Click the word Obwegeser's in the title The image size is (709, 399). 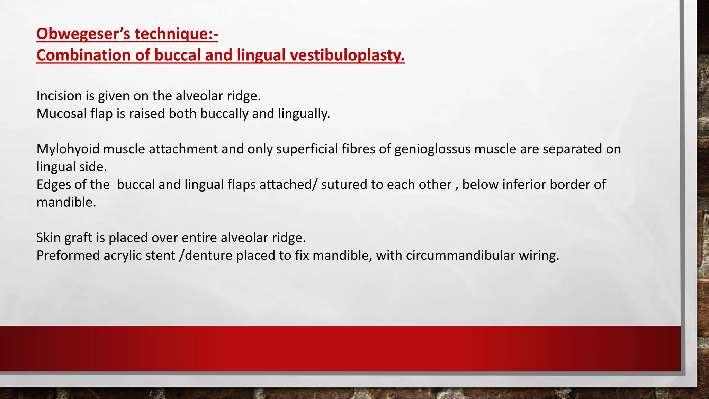[83, 34]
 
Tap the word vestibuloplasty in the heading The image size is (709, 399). [347, 55]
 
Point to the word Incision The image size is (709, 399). [59, 96]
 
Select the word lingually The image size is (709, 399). [304, 114]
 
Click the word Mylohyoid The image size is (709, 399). [68, 149]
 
